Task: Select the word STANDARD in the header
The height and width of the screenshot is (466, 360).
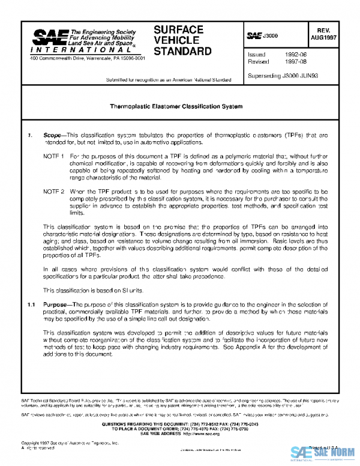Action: [182, 52]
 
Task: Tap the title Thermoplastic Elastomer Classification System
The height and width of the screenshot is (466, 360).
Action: [176, 106]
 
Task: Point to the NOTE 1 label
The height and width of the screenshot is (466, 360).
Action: [54, 156]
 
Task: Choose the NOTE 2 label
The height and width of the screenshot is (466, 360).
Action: [54, 190]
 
